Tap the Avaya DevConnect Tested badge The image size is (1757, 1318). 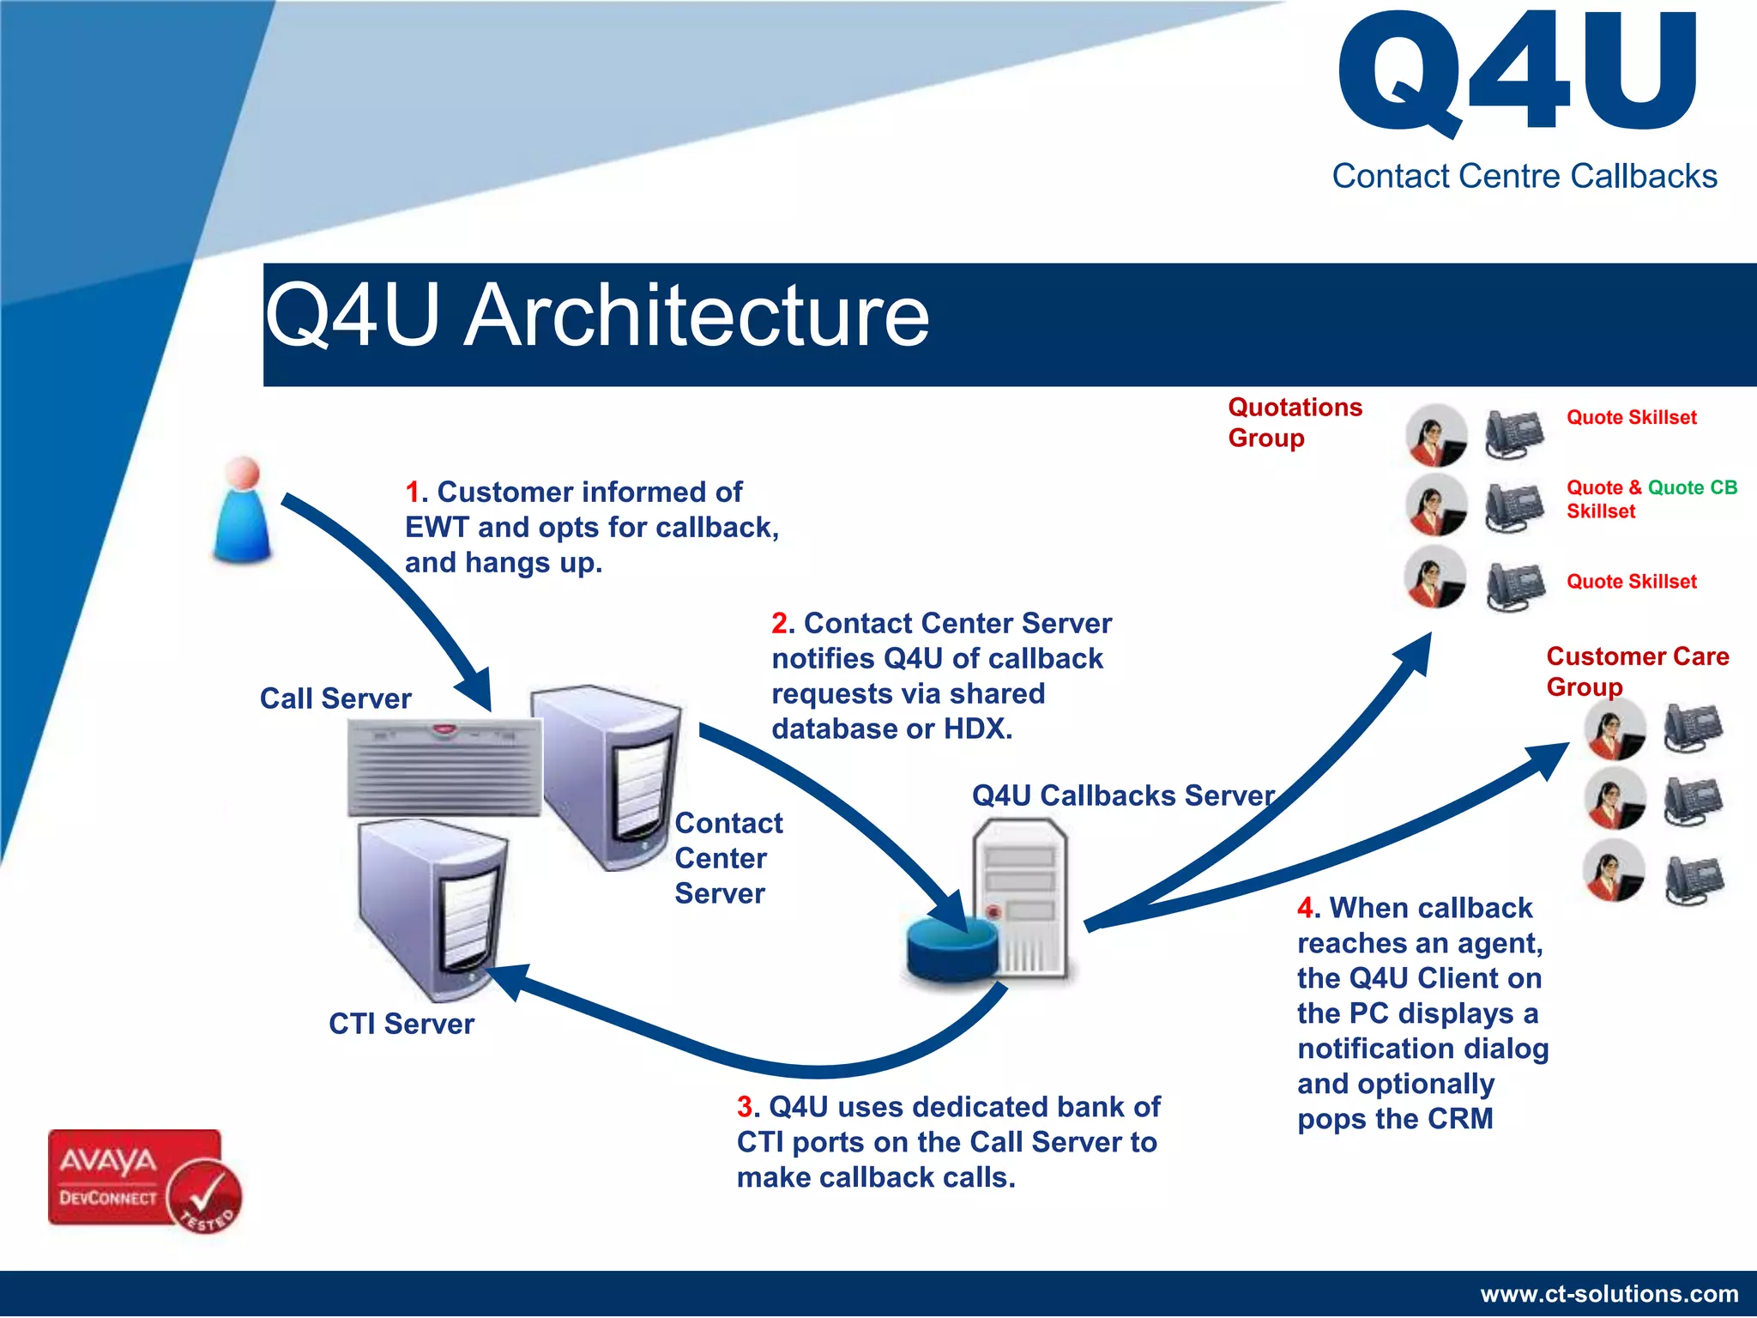pyautogui.click(x=144, y=1181)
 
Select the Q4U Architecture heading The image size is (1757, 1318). pyautogui.click(x=597, y=316)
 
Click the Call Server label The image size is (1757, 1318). pyautogui.click(x=335, y=698)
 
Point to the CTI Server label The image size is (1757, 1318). pyautogui.click(x=401, y=1024)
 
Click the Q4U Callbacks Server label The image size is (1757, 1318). pyautogui.click(x=1122, y=795)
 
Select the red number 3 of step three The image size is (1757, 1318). pyautogui.click(x=745, y=1107)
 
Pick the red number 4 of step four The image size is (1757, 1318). pyautogui.click(x=1305, y=908)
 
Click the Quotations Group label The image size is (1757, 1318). pyautogui.click(x=1294, y=422)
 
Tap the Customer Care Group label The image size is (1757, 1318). pyautogui.click(x=1636, y=671)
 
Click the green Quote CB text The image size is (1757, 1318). pyautogui.click(x=1692, y=487)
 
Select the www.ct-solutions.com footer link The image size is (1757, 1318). pyautogui.click(x=1609, y=1294)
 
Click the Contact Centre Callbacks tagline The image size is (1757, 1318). pyautogui.click(x=1524, y=176)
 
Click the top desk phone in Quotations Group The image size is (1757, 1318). pyautogui.click(x=1514, y=435)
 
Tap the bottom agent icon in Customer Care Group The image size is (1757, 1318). pyautogui.click(x=1614, y=871)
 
